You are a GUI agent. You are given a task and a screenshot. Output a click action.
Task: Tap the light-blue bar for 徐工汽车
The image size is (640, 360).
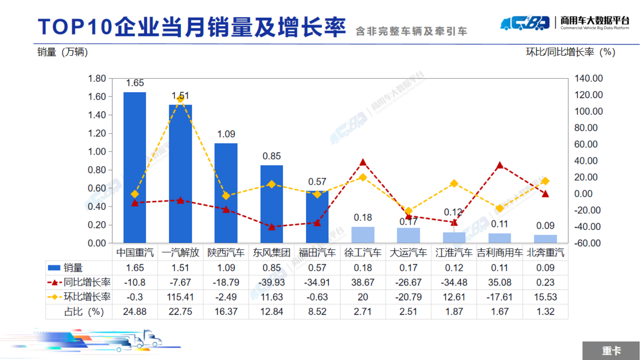[363, 235]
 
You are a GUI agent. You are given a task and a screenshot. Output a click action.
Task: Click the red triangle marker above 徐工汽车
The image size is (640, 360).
[363, 162]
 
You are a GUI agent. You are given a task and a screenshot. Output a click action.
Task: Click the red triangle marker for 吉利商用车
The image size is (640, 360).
[499, 165]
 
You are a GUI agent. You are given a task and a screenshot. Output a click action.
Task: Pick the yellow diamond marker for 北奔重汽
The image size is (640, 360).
[545, 181]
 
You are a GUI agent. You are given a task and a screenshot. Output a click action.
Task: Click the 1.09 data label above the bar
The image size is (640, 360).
[226, 134]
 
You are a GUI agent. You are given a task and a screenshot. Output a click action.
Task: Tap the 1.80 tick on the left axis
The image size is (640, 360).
[97, 78]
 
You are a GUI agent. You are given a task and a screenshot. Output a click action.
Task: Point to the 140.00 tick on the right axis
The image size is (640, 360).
[588, 78]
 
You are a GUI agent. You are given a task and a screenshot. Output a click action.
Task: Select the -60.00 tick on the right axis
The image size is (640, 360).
[587, 243]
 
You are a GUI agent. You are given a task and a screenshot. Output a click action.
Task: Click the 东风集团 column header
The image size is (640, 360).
[271, 253]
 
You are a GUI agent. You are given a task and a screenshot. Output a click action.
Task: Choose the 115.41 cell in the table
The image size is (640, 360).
[180, 297]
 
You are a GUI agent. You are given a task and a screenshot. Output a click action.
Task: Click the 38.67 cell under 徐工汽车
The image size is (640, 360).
[363, 282]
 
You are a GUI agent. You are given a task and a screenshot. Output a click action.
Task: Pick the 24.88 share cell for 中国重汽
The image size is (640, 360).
[135, 312]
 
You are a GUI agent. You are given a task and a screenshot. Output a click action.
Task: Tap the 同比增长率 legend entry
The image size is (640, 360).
[79, 282]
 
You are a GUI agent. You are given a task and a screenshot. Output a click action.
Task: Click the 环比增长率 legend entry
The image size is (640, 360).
[79, 297]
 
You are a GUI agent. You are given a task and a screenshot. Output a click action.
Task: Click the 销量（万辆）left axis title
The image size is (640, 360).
[63, 52]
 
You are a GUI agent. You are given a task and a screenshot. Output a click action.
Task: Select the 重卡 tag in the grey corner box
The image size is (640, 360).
[611, 351]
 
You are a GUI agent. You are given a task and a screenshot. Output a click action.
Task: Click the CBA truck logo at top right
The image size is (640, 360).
[525, 23]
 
